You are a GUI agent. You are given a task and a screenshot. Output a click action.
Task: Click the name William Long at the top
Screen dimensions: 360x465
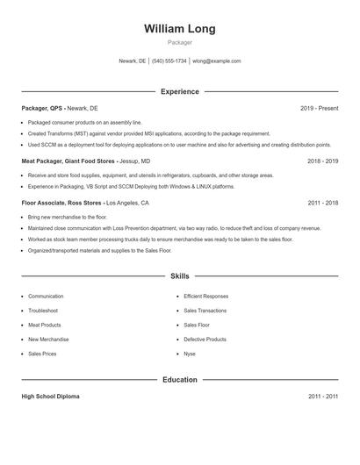point(180,28)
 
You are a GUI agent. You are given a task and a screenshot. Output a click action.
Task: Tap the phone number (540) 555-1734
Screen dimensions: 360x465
point(169,61)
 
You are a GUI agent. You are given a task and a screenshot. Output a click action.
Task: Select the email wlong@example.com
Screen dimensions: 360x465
point(217,61)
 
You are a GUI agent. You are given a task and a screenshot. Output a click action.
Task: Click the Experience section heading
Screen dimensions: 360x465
point(180,91)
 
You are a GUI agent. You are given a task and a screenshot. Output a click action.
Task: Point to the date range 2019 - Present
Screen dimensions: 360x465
point(319,108)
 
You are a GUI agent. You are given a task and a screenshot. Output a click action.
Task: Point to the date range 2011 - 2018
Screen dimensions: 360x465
point(322,203)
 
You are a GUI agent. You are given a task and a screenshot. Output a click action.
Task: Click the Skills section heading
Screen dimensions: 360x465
point(180,275)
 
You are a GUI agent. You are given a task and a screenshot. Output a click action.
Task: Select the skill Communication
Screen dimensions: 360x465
point(46,297)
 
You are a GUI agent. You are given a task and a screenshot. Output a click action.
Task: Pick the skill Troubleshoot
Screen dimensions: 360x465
point(43,311)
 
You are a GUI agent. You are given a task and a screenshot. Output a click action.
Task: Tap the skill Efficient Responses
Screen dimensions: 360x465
point(205,297)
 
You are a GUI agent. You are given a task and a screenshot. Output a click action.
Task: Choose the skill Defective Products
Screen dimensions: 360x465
point(205,340)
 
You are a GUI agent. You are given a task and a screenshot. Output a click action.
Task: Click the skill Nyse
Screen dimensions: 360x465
point(190,354)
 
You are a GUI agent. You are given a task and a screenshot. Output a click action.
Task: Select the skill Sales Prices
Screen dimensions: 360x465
point(42,354)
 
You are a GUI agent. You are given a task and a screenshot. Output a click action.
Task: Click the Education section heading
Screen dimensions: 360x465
point(180,380)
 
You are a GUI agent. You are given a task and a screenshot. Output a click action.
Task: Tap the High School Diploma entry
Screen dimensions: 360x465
point(50,397)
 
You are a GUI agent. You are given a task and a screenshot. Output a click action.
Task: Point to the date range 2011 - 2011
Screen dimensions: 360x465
point(322,397)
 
